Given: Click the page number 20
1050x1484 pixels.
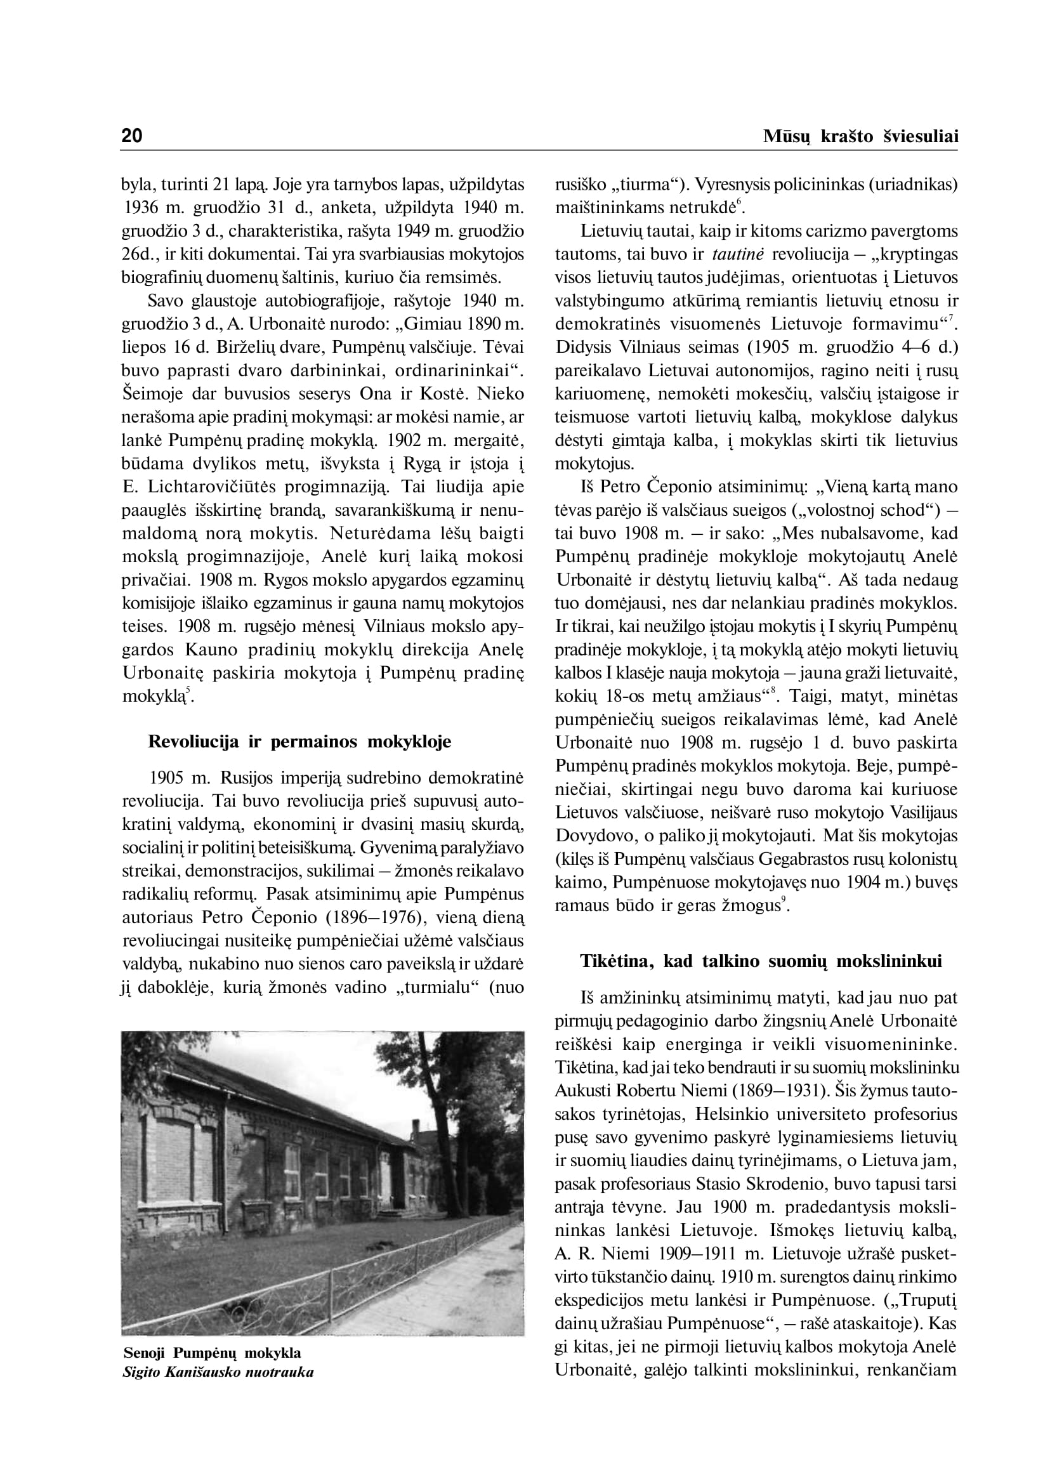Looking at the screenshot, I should click(x=132, y=136).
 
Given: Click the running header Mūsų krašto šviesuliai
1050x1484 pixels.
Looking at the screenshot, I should click(x=860, y=136).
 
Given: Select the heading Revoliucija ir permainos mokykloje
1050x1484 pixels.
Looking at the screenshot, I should click(x=299, y=741).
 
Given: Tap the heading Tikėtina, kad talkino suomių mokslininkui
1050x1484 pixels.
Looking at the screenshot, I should click(x=760, y=962).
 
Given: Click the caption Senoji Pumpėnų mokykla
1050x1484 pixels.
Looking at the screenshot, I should click(x=212, y=1353).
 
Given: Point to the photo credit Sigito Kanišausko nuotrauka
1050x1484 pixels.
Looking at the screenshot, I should click(x=218, y=1372).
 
